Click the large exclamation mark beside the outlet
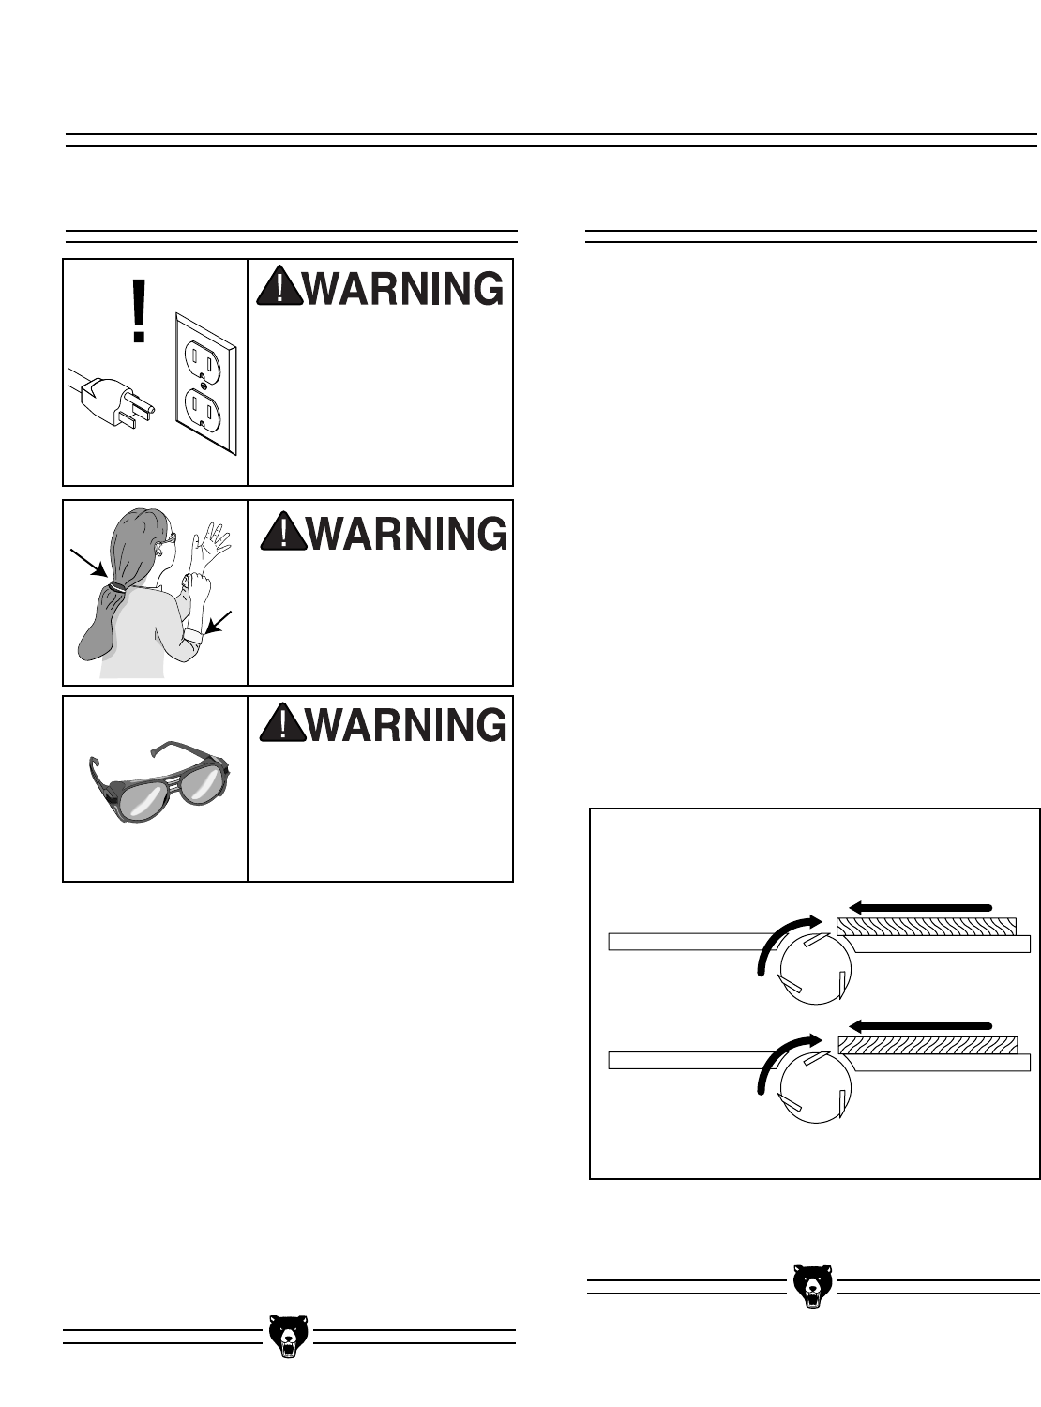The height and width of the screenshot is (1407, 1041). (x=139, y=310)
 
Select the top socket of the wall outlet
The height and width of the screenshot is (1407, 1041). (x=202, y=357)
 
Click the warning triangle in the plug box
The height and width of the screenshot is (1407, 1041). (x=279, y=287)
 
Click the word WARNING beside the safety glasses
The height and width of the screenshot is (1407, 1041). (x=407, y=724)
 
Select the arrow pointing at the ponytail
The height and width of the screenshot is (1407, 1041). (x=88, y=563)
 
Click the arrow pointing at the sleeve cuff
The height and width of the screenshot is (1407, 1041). (x=219, y=622)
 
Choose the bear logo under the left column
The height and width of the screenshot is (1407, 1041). (x=289, y=1336)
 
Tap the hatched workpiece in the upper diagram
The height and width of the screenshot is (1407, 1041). (x=927, y=927)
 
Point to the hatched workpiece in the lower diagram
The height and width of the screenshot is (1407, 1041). (x=928, y=1046)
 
